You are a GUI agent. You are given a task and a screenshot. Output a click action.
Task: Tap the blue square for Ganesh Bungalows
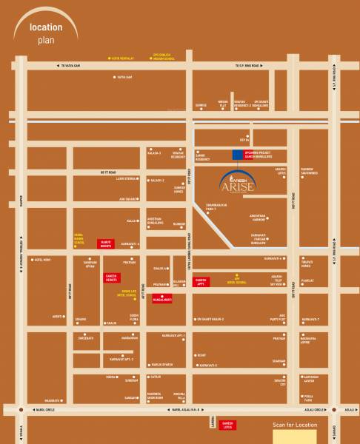tap(237, 155)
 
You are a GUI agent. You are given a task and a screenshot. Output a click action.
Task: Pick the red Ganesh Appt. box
tap(201, 281)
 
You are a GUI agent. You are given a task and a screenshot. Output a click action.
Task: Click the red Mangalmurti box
tap(161, 300)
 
